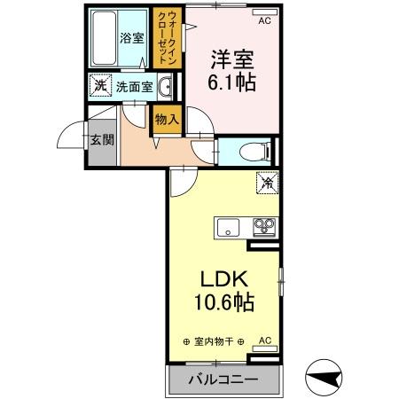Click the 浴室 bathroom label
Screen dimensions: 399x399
point(131,39)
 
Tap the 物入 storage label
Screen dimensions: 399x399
point(166,118)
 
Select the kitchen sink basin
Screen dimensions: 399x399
point(227,227)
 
